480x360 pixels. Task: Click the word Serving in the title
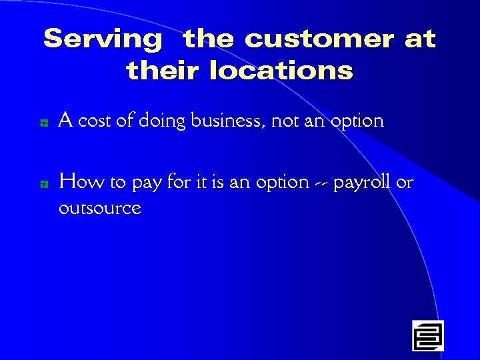point(103,39)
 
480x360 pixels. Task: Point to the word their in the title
point(164,70)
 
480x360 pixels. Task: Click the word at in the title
point(420,39)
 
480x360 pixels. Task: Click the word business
point(228,121)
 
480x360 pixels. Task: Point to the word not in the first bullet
point(283,121)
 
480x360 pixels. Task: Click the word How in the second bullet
point(77,181)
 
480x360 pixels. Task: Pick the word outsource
point(100,209)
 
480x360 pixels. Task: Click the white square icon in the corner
point(427,335)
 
